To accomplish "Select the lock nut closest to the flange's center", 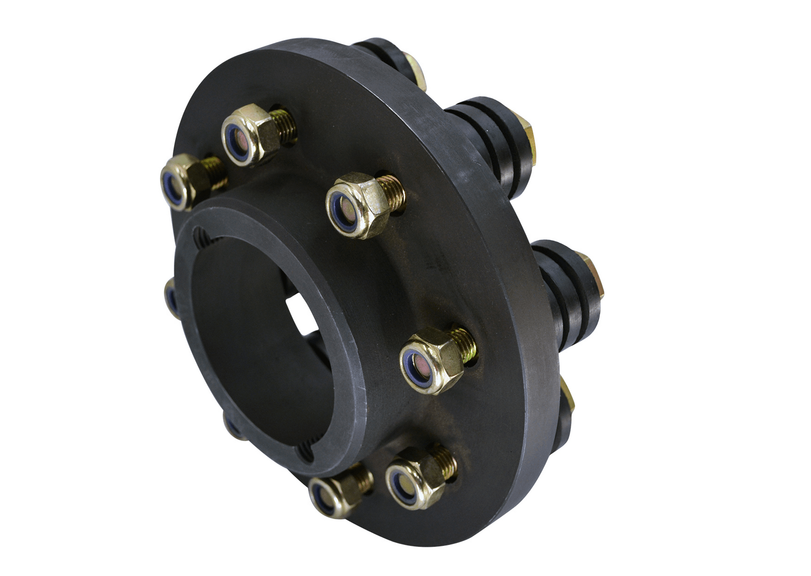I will [358, 205].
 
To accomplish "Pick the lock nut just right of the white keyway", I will [432, 360].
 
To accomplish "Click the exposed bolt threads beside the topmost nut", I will [284, 124].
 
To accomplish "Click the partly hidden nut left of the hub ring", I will [171, 297].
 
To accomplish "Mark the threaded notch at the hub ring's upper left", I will [201, 236].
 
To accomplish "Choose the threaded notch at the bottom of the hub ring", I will [305, 451].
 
